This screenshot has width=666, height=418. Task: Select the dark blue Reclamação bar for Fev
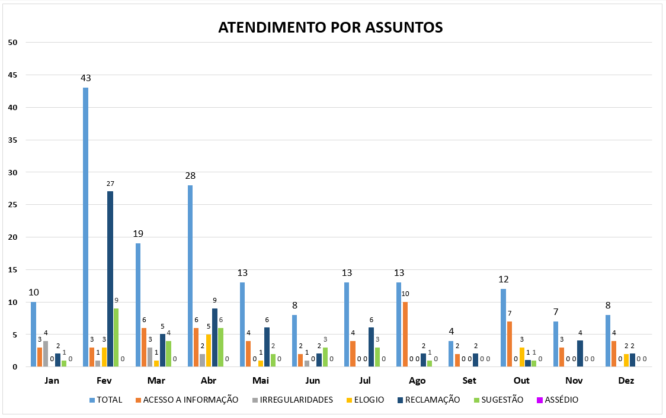click(110, 279)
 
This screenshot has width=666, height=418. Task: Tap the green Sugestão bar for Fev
click(116, 337)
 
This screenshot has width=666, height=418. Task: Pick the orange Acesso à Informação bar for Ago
click(405, 335)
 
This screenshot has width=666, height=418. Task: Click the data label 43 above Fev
click(86, 78)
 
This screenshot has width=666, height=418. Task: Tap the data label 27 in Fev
click(110, 184)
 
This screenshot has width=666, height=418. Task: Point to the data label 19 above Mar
click(138, 234)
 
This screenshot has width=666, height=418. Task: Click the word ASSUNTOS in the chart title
click(403, 27)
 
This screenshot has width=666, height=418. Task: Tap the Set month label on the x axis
click(469, 381)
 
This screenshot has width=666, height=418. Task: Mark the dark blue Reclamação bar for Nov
click(580, 353)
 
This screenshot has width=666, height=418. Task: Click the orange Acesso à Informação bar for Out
click(510, 344)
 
